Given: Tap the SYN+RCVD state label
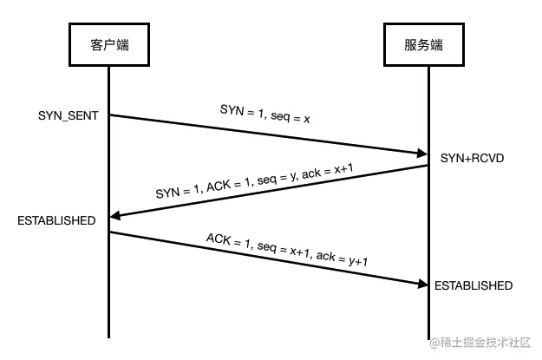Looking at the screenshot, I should click(472, 159).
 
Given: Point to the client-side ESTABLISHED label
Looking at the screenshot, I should click(56, 221).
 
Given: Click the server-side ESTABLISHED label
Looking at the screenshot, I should click(473, 285).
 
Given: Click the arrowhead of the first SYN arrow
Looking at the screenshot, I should click(421, 154).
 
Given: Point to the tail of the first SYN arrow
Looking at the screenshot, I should click(111, 115).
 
